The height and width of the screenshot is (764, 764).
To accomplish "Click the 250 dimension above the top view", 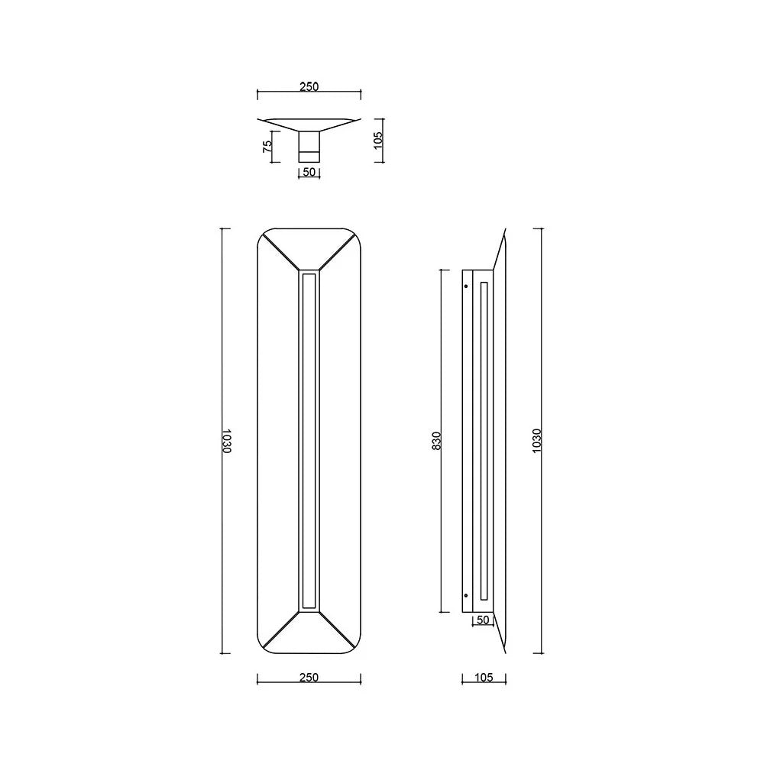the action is coord(309,87).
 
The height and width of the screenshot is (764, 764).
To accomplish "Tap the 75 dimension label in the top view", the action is coord(267,146).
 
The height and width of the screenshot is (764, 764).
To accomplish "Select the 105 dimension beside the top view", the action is coord(379,141).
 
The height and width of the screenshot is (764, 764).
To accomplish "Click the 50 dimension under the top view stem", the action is coord(309,172).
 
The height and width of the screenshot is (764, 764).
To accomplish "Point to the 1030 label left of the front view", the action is coord(226,441).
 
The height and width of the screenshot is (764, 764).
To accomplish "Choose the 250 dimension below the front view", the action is coord(309,677).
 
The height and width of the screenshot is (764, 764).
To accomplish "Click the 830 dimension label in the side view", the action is coord(436,441).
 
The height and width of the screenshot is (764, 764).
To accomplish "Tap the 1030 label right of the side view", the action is coord(537,441).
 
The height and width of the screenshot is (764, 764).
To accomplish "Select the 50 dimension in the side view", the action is coord(482,620).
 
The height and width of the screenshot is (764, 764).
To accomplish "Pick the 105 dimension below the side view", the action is coord(484,677).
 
